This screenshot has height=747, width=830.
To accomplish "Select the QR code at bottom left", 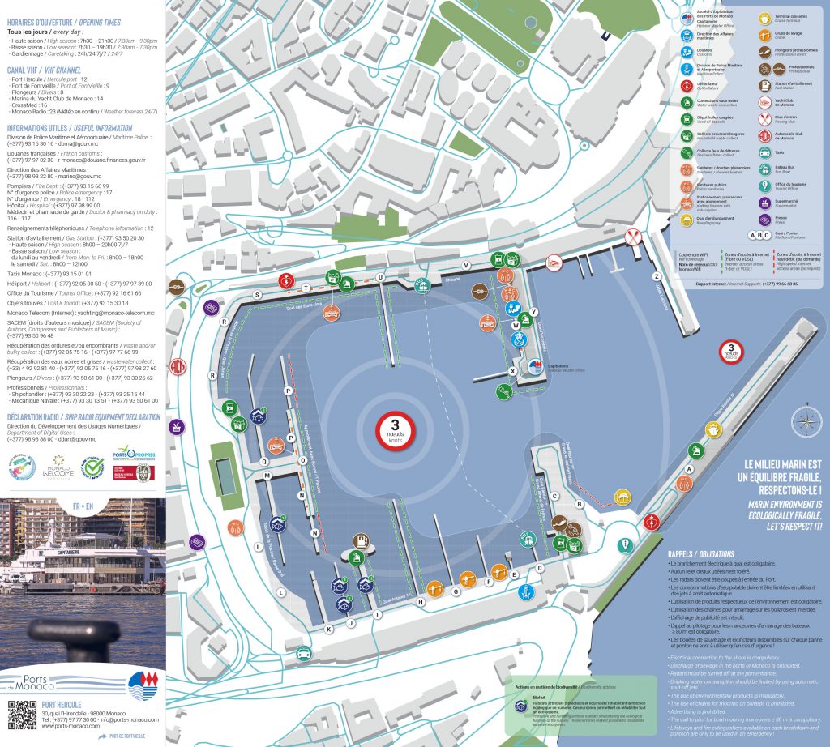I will (x=22, y=715).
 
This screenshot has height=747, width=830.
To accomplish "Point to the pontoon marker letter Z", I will (x=657, y=254).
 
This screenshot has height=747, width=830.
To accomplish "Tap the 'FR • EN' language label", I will (x=82, y=505).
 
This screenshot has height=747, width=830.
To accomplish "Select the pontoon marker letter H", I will (x=420, y=602).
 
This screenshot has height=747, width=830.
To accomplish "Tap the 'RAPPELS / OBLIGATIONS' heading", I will (x=700, y=553).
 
